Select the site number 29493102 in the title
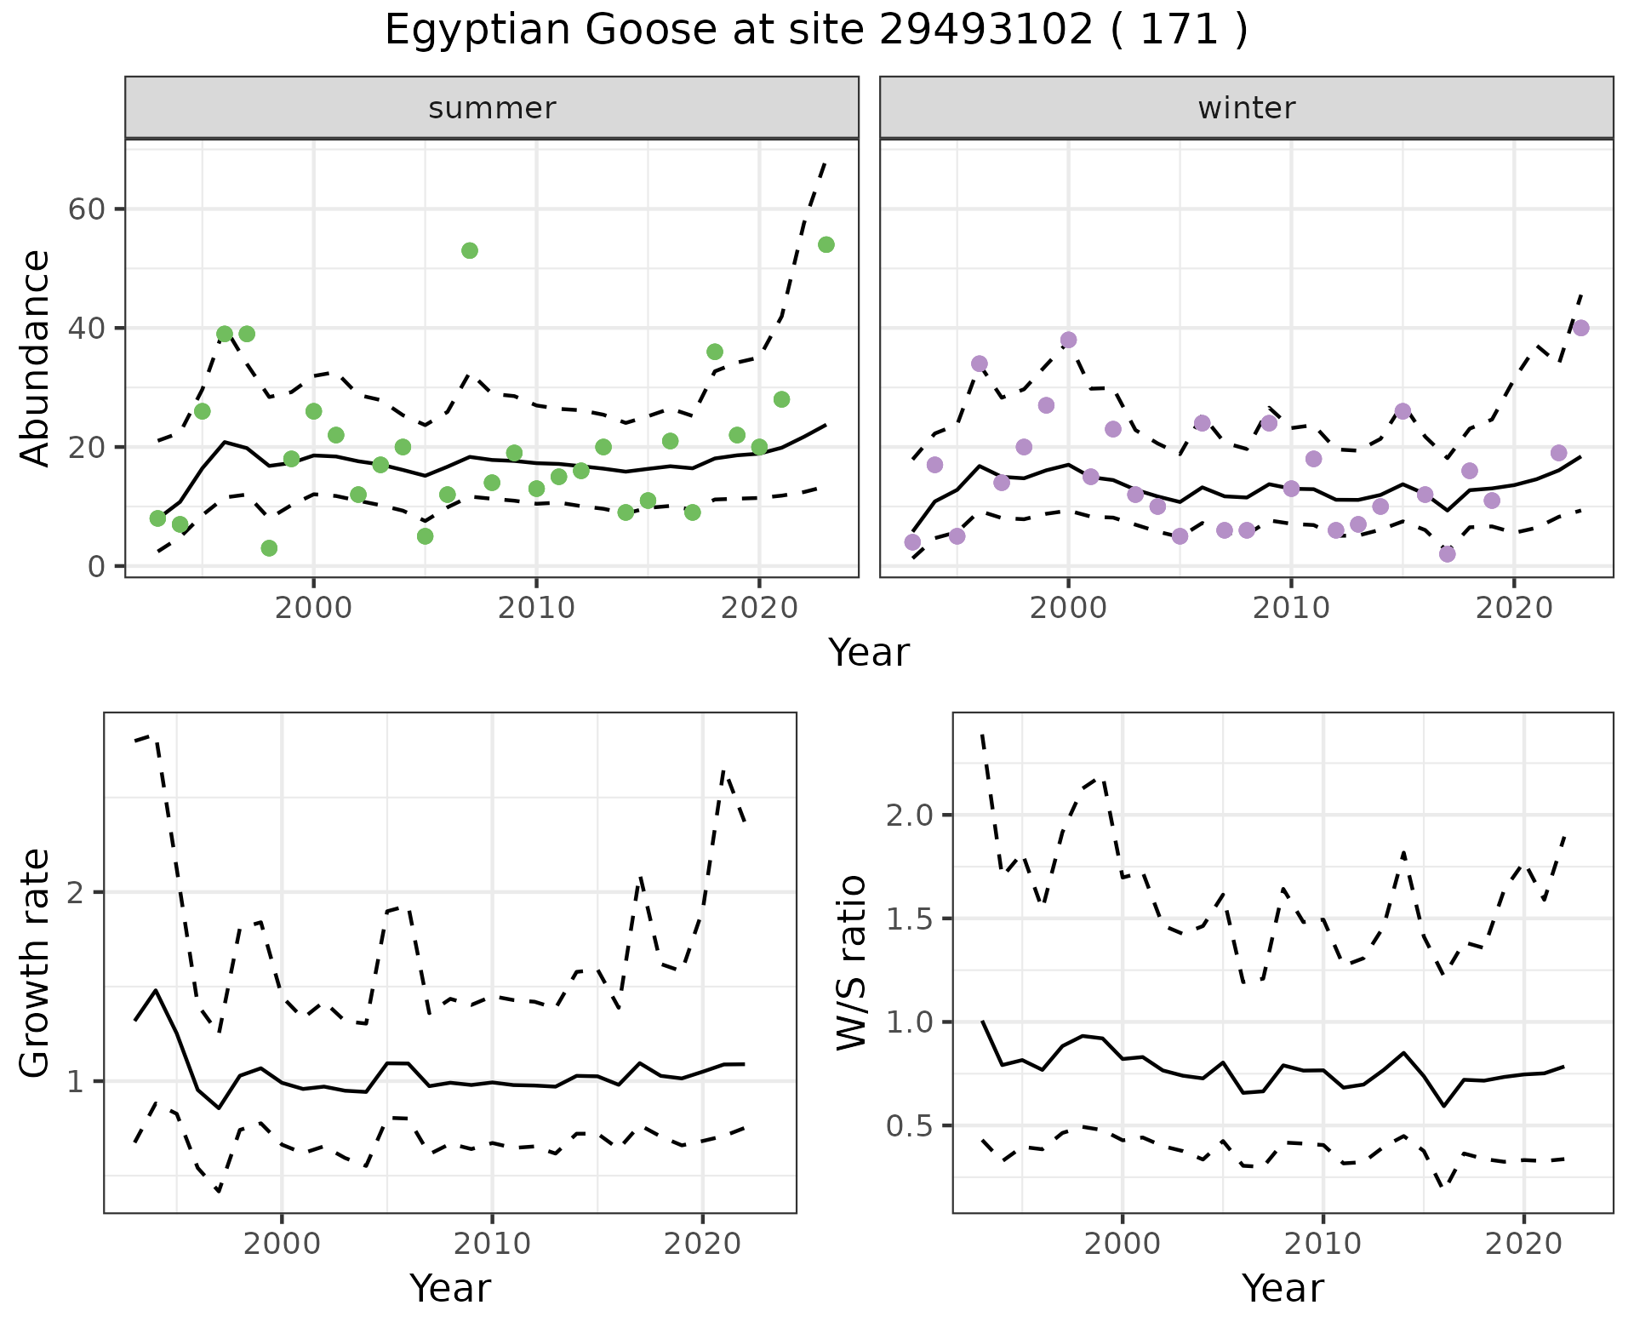click(x=985, y=31)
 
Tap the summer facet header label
click(x=492, y=108)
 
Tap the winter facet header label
click(x=1246, y=108)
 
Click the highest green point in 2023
click(x=826, y=245)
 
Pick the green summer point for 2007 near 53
click(x=470, y=250)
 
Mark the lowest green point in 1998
click(x=269, y=548)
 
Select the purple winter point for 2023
click(x=1580, y=329)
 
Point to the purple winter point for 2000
click(x=1068, y=341)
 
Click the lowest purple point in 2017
click(x=1447, y=554)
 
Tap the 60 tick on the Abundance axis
click(x=85, y=209)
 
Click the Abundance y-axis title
click(x=36, y=358)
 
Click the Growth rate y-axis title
click(x=36, y=962)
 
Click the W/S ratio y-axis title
click(x=851, y=962)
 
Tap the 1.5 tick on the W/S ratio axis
click(x=909, y=919)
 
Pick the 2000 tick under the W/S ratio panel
click(x=1123, y=1244)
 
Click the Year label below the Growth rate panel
click(x=450, y=1289)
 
